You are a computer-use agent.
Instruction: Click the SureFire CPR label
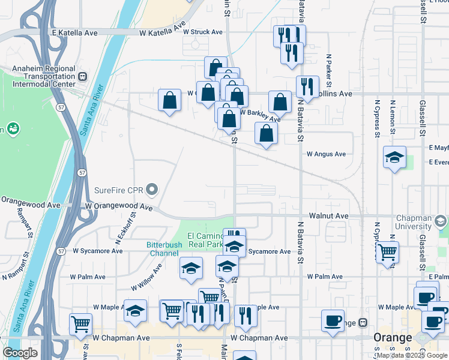[119, 191]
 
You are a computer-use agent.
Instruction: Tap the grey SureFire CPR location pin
[152, 191]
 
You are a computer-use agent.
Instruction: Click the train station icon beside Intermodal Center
[82, 76]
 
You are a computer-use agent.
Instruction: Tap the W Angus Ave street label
[326, 154]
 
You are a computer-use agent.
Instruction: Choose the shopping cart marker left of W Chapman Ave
[80, 324]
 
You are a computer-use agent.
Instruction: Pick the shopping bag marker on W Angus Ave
[266, 133]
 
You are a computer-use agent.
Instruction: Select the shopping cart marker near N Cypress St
[387, 252]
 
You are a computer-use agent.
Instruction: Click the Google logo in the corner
[20, 353]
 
